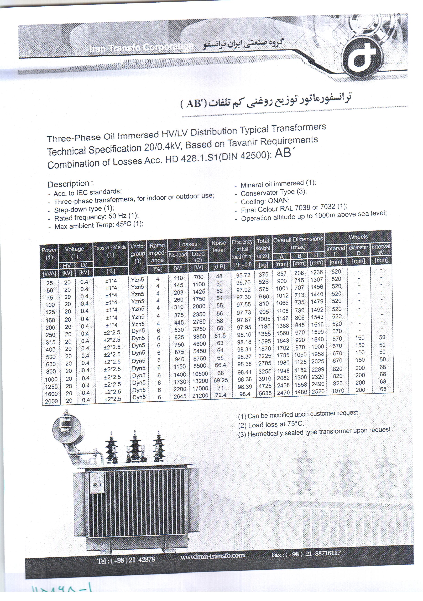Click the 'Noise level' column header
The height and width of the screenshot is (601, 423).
click(219, 246)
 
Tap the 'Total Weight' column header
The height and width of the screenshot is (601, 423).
click(263, 248)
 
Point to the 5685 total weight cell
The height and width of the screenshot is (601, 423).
click(265, 393)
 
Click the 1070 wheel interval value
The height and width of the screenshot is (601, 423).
click(338, 391)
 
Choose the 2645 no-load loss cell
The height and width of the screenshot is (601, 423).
click(180, 396)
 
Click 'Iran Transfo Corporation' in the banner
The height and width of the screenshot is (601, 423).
click(141, 47)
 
